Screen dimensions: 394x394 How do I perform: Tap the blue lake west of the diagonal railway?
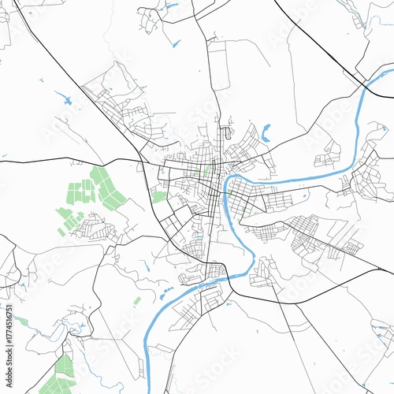click(x=63, y=98)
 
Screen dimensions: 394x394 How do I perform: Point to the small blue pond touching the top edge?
click(x=171, y=6)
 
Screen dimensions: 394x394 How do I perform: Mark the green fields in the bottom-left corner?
click(x=58, y=377)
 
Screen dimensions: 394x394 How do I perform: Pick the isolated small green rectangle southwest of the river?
click(x=137, y=300)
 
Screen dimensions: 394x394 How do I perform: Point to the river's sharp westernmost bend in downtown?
click(x=226, y=189)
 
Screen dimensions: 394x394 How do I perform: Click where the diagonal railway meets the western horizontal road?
click(x=141, y=162)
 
